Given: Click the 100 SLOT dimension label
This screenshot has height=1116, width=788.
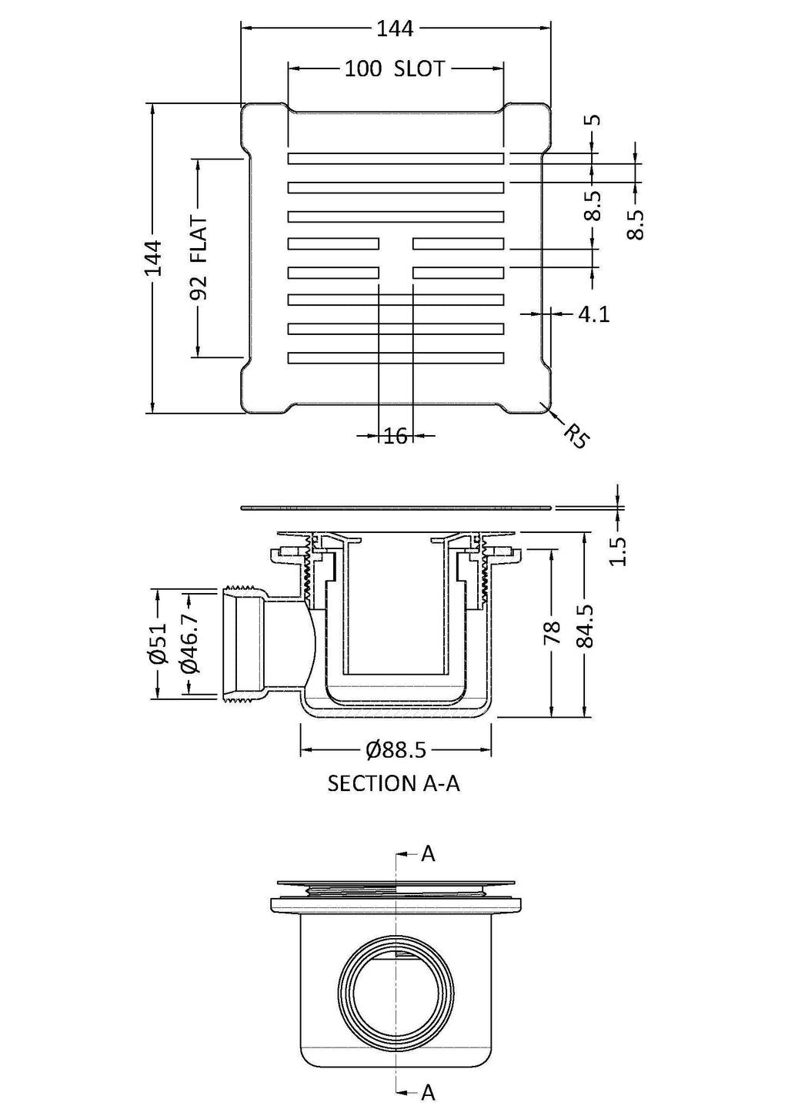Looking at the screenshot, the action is tap(394, 69).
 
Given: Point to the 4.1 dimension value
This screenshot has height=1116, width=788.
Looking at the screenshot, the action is tap(593, 314).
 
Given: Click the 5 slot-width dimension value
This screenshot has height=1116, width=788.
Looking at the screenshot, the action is tap(595, 120).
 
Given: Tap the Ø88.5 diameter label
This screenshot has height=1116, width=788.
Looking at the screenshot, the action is tap(396, 749).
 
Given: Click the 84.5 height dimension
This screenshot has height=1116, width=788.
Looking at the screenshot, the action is tap(586, 626).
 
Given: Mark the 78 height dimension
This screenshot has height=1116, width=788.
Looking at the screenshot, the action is tap(553, 633).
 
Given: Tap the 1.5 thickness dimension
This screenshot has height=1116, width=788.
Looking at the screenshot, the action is tap(618, 551).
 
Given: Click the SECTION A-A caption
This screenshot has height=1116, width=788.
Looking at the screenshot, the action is tap(393, 784).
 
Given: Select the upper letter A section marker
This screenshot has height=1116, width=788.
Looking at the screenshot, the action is tap(428, 853).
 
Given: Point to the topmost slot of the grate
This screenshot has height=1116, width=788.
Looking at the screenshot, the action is tap(396, 159).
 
